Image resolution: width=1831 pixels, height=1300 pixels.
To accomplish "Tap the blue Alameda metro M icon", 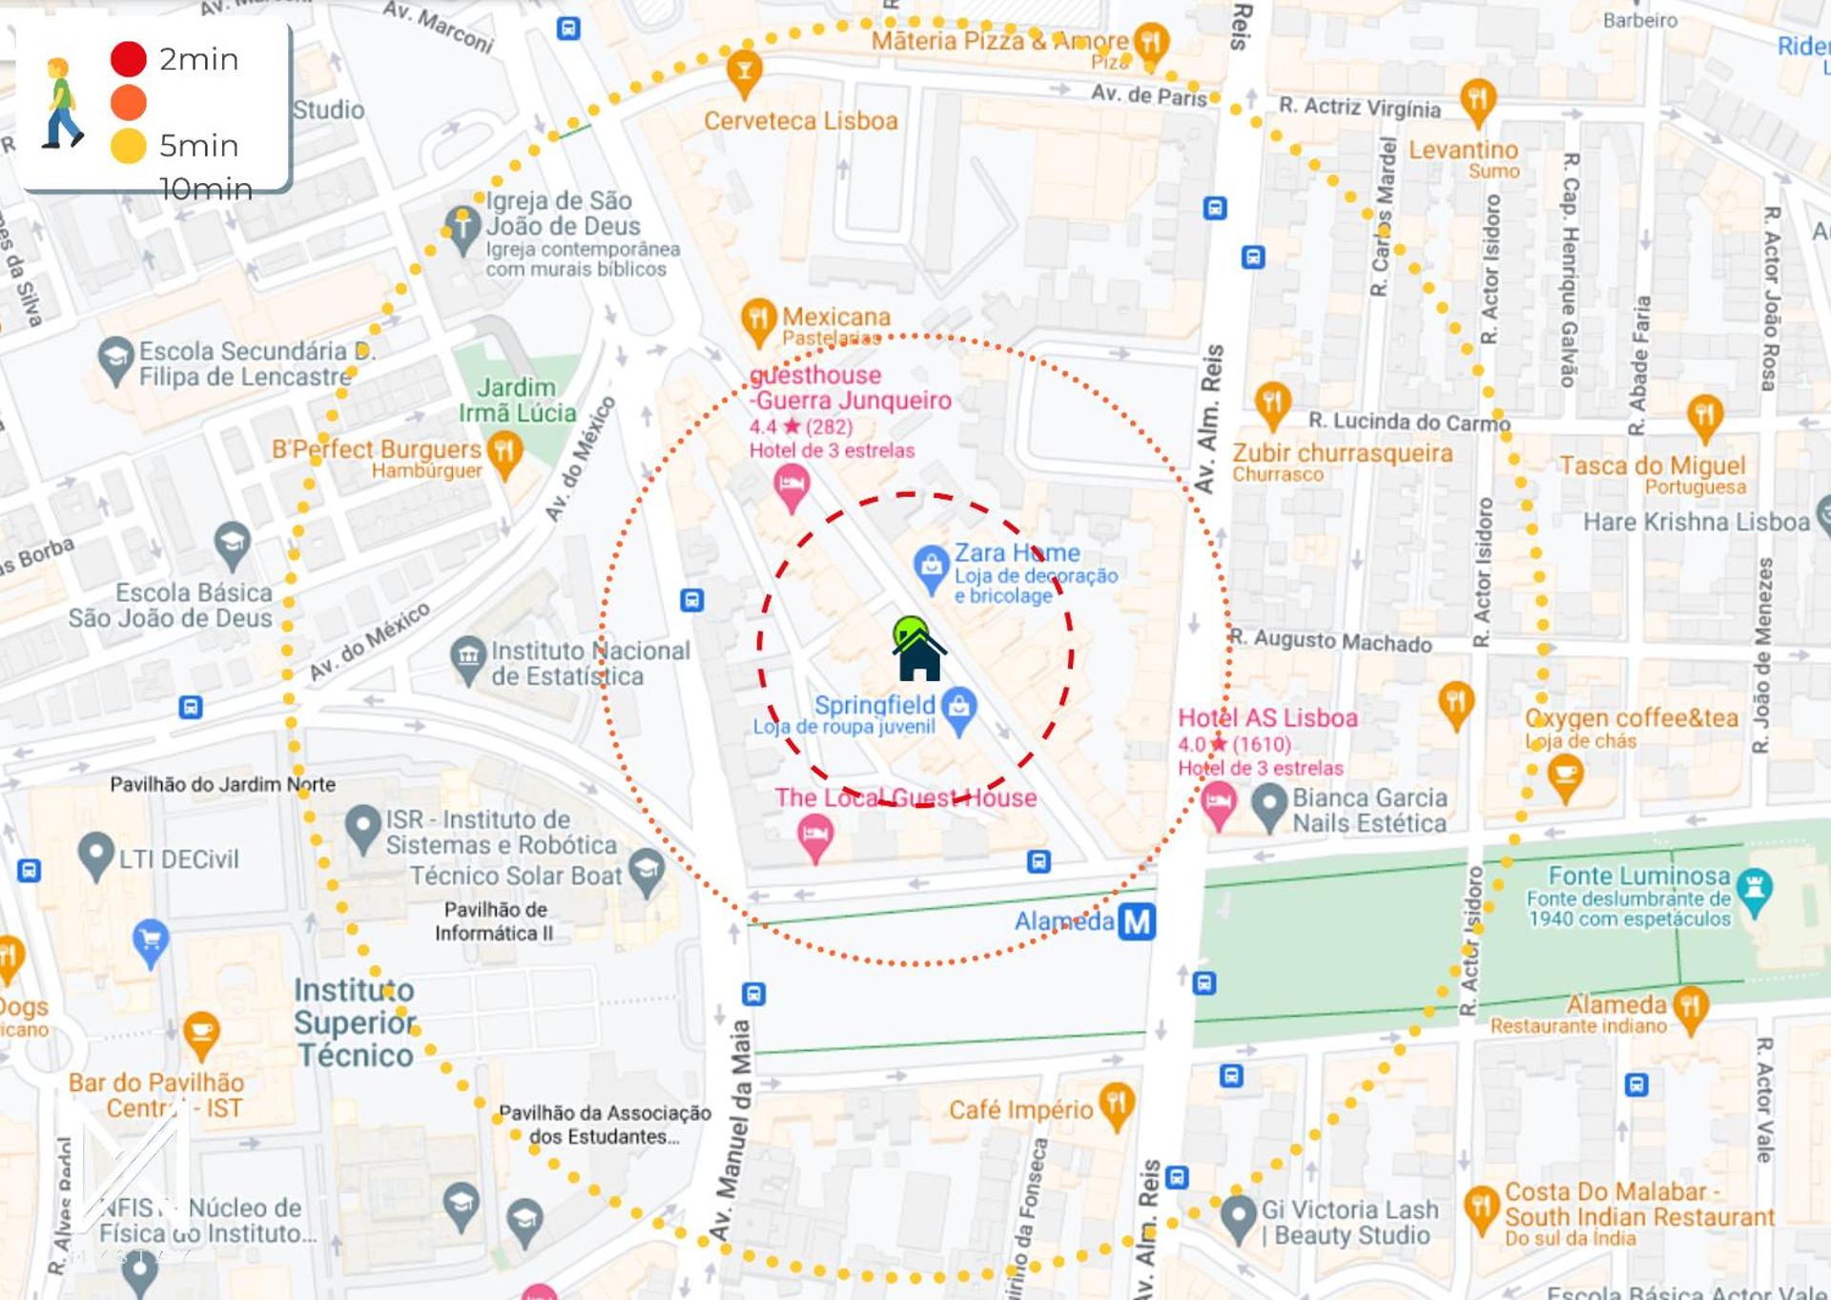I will tap(1136, 921).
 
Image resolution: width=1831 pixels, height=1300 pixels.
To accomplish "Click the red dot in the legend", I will tap(129, 59).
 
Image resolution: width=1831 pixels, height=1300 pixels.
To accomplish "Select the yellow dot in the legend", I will tap(129, 146).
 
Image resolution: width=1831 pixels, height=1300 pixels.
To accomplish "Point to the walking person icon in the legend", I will tap(62, 103).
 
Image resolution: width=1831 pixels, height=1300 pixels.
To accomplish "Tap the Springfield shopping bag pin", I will tap(959, 708).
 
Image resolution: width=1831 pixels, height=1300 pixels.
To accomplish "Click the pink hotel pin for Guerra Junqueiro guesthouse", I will tap(791, 485).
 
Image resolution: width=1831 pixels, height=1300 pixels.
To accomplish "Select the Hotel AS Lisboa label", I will tap(1266, 718).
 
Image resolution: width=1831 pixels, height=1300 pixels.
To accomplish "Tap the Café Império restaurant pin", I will tap(1116, 1104).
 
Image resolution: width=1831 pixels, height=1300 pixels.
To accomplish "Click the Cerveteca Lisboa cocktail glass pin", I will tap(744, 72).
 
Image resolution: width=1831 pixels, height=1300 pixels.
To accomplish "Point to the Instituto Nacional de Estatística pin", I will tap(467, 657).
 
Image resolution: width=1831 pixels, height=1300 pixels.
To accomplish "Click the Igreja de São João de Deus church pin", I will tap(463, 228).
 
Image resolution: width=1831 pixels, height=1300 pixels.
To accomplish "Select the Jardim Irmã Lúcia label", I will tap(517, 401).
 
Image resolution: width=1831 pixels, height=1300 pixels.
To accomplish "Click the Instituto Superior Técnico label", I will tap(354, 1022).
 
